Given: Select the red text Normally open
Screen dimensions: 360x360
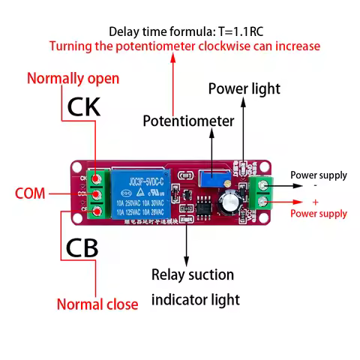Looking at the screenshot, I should click(73, 78).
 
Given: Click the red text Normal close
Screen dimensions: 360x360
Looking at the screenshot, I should click(97, 304).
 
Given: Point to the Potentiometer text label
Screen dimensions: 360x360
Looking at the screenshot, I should click(188, 121).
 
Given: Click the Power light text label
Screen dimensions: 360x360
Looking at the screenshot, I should click(244, 88).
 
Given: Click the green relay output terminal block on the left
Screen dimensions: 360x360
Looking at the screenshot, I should click(96, 195).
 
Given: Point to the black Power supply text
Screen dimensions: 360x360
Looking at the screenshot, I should click(319, 175).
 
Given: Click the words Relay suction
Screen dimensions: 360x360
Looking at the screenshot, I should click(193, 274).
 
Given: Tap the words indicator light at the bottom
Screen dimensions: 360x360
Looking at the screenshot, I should click(196, 300).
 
